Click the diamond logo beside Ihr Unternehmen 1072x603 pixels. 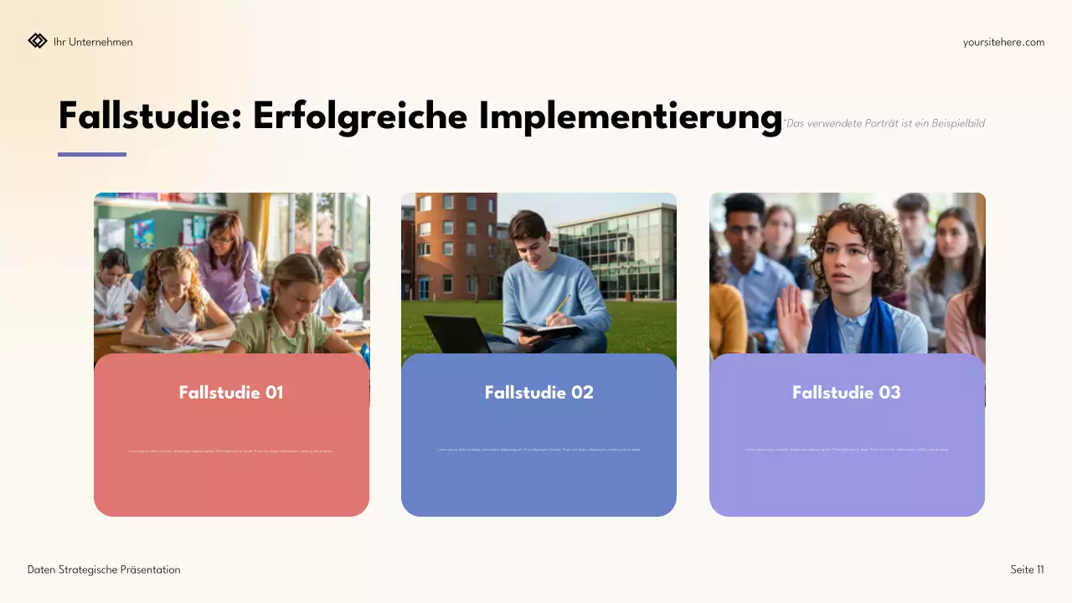[38, 41]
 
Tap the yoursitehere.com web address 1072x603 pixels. [1003, 42]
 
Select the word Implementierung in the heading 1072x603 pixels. [631, 116]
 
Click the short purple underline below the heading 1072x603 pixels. [92, 154]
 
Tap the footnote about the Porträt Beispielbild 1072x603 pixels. [884, 123]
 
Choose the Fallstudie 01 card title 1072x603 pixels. [231, 392]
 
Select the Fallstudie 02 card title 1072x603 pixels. [539, 392]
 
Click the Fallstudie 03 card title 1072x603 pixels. [847, 392]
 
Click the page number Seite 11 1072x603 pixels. [1027, 569]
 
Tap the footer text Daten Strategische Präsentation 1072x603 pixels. [104, 569]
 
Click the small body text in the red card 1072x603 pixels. [231, 451]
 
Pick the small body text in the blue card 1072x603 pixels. [539, 450]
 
